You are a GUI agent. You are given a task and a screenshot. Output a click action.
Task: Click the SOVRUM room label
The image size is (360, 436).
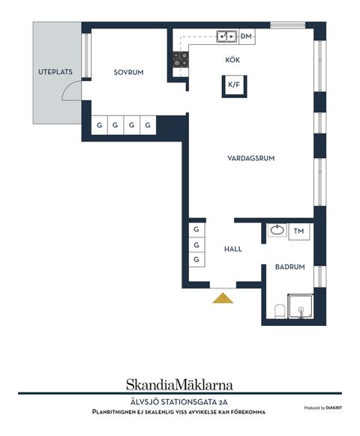tap(129, 73)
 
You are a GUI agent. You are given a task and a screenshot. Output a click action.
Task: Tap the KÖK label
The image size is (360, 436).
tap(232, 59)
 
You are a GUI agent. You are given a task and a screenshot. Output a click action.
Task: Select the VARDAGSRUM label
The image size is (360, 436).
tap(250, 158)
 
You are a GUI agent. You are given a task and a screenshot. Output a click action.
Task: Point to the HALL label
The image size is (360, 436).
tap(233, 249)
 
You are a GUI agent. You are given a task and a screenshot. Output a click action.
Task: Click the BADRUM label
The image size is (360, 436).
tap(289, 267)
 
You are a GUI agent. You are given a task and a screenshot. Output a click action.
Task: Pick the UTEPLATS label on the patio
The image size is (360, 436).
tap(55, 72)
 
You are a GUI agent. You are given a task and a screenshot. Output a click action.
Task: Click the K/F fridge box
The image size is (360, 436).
tap(234, 86)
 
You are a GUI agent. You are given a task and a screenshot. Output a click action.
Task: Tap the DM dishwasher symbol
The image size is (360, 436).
tap(247, 37)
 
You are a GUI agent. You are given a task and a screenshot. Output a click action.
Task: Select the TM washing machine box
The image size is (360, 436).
tap(298, 231)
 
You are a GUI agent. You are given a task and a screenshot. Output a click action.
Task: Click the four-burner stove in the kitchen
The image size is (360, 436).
tap(181, 59)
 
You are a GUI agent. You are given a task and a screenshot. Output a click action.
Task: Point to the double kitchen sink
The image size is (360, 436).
tap(227, 37)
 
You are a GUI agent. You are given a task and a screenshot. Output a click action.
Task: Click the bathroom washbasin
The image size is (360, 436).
tap(277, 230)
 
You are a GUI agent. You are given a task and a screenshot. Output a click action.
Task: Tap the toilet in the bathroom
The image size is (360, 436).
tap(280, 311)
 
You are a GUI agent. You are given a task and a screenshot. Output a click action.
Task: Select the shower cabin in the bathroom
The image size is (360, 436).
tap(301, 306)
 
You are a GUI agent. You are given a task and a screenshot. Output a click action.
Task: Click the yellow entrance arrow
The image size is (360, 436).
tap(223, 298)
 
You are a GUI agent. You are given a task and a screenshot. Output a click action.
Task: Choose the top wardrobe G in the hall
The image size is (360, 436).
tap(196, 230)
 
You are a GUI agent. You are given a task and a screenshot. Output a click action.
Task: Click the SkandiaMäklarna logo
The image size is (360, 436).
tap(179, 384)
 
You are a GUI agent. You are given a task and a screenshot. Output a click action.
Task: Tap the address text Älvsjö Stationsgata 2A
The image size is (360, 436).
tap(179, 402)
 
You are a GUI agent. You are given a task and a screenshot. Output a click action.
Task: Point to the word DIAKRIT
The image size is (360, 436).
tap(334, 408)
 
